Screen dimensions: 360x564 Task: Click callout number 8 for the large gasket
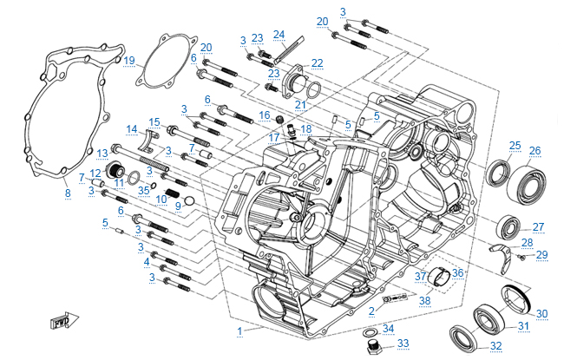tap(68, 192)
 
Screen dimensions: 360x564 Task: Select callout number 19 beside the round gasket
tap(129, 60)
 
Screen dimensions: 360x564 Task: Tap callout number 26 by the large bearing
tap(534, 150)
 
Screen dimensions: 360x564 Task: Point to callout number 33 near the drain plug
tap(402, 344)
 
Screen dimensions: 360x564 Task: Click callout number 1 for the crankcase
tap(239, 330)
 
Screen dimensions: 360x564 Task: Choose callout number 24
tap(279, 35)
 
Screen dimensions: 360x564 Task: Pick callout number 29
tap(542, 253)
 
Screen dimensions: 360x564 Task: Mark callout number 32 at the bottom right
tap(495, 346)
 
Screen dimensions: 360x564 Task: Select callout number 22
tap(317, 62)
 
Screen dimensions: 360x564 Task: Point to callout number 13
tap(102, 152)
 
